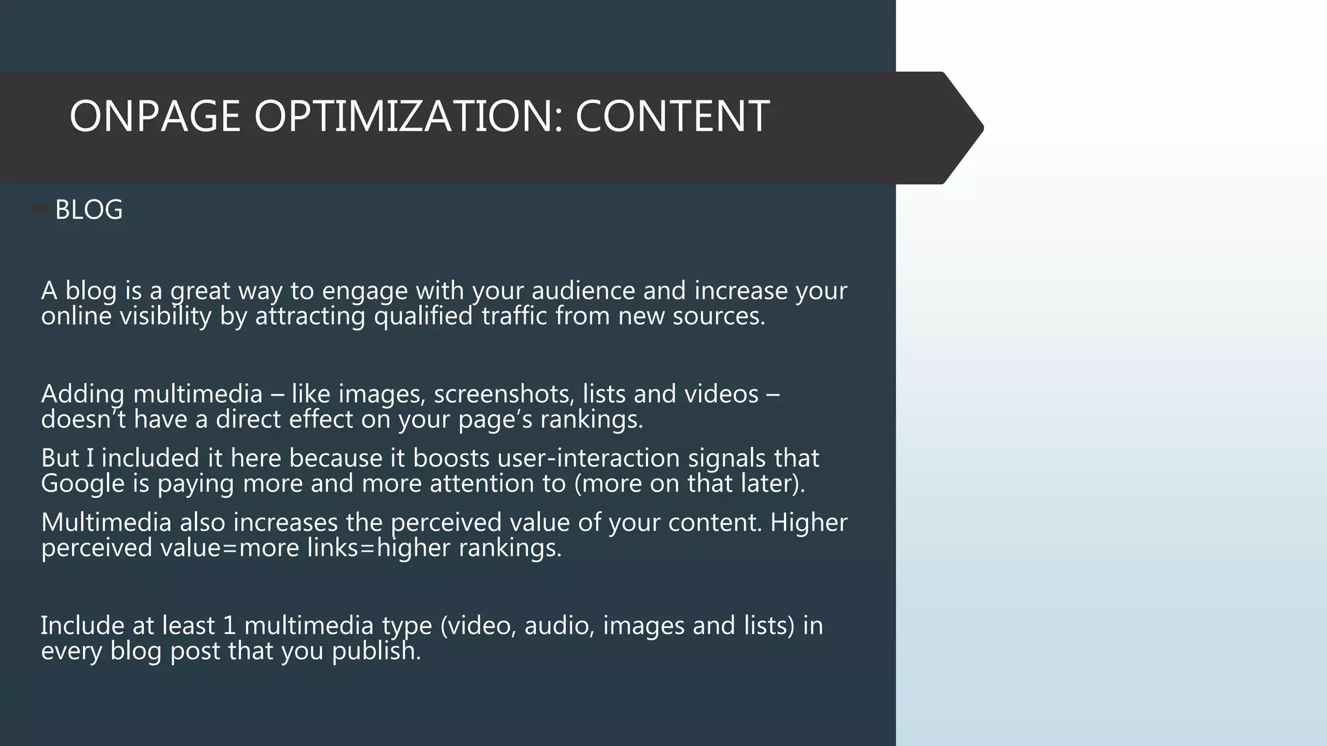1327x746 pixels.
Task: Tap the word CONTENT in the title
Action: click(672, 117)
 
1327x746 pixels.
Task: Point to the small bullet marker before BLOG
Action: click(41, 209)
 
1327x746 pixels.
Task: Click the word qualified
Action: click(423, 317)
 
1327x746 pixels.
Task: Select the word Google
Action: click(82, 484)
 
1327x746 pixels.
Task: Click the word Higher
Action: click(808, 523)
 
